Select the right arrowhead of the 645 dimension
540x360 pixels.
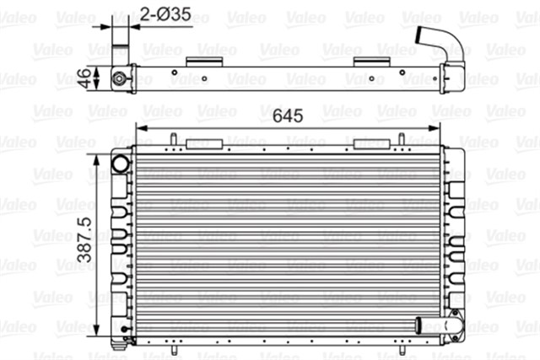coord(437,125)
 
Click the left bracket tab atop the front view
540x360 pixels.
coord(202,142)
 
